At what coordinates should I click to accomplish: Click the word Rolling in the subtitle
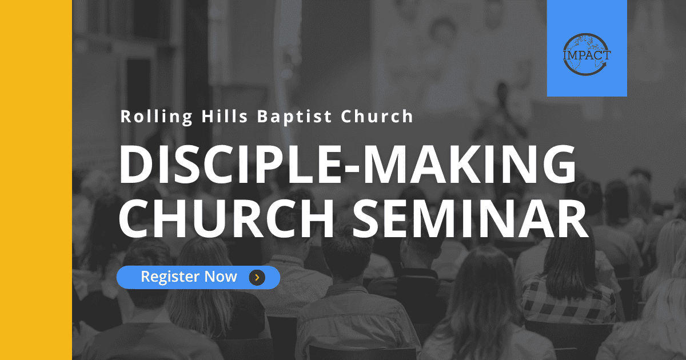tap(157, 117)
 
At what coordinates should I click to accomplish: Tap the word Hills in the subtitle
tap(225, 117)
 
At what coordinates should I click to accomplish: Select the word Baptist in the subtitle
tap(294, 117)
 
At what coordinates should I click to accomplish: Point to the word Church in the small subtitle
tap(377, 117)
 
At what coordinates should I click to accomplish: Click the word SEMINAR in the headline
tap(470, 218)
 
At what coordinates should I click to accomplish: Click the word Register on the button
tap(170, 277)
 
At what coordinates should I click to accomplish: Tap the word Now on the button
tap(221, 277)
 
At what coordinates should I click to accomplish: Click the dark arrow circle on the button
tap(257, 277)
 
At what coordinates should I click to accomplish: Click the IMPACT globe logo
tap(587, 54)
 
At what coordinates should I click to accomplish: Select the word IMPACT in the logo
tap(587, 55)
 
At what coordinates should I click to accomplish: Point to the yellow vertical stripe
tap(36, 180)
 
